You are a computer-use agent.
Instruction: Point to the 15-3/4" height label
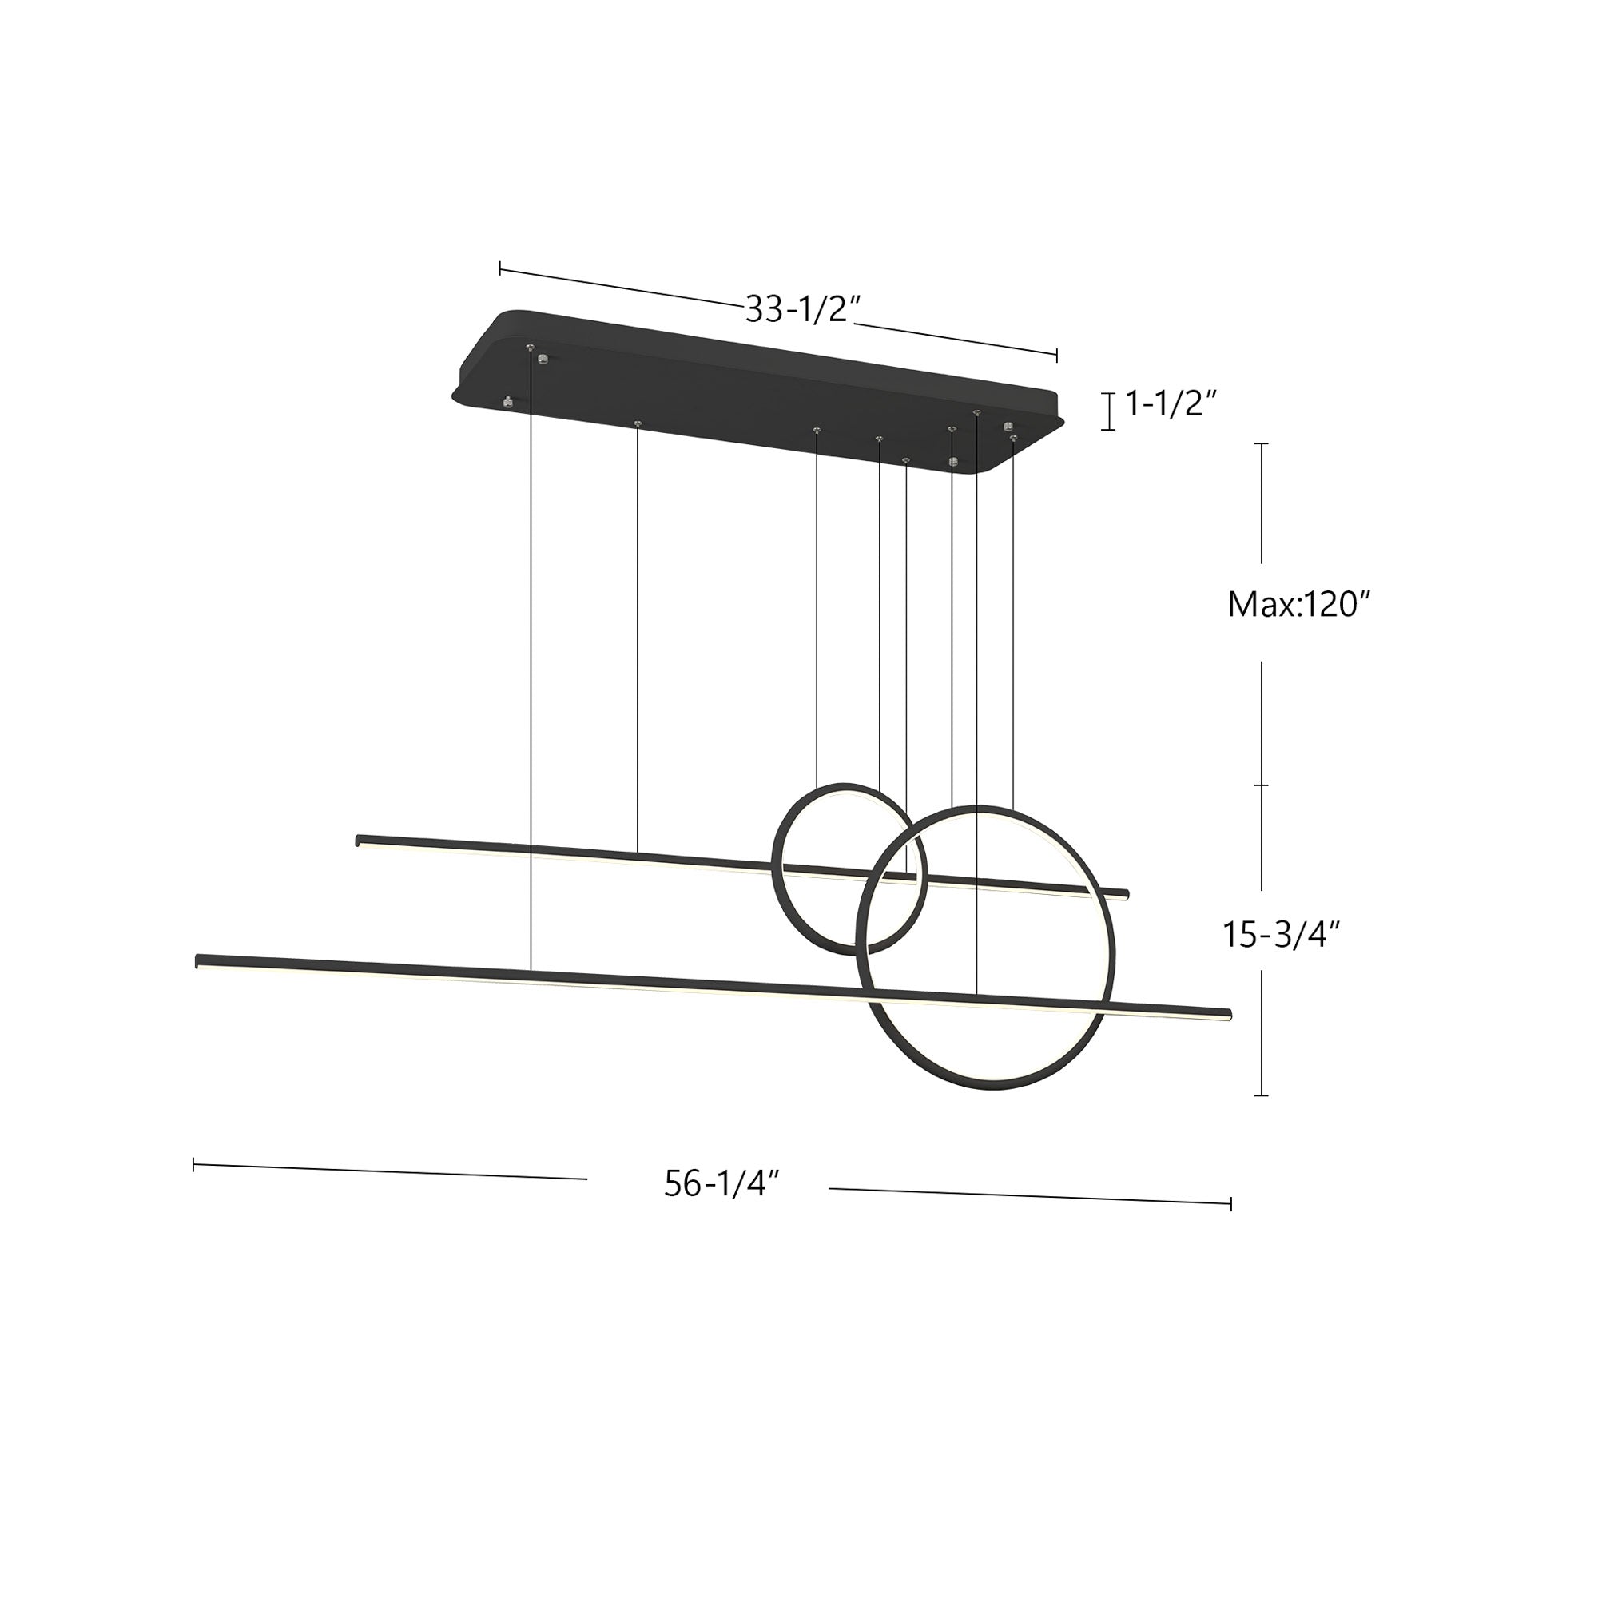point(1280,934)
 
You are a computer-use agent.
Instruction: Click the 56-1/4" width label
point(722,1183)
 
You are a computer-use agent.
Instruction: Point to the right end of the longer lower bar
point(1228,1013)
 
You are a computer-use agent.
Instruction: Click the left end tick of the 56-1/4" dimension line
point(193,1165)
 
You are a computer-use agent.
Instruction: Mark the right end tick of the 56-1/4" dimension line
point(1230,1203)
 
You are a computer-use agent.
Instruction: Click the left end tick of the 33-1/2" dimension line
point(499,268)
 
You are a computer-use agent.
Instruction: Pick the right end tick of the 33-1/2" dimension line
point(1057,356)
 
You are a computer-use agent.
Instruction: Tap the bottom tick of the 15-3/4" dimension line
point(1261,1095)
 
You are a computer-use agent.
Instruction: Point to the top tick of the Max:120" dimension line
point(1261,444)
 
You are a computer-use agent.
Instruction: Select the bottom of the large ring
point(984,1089)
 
